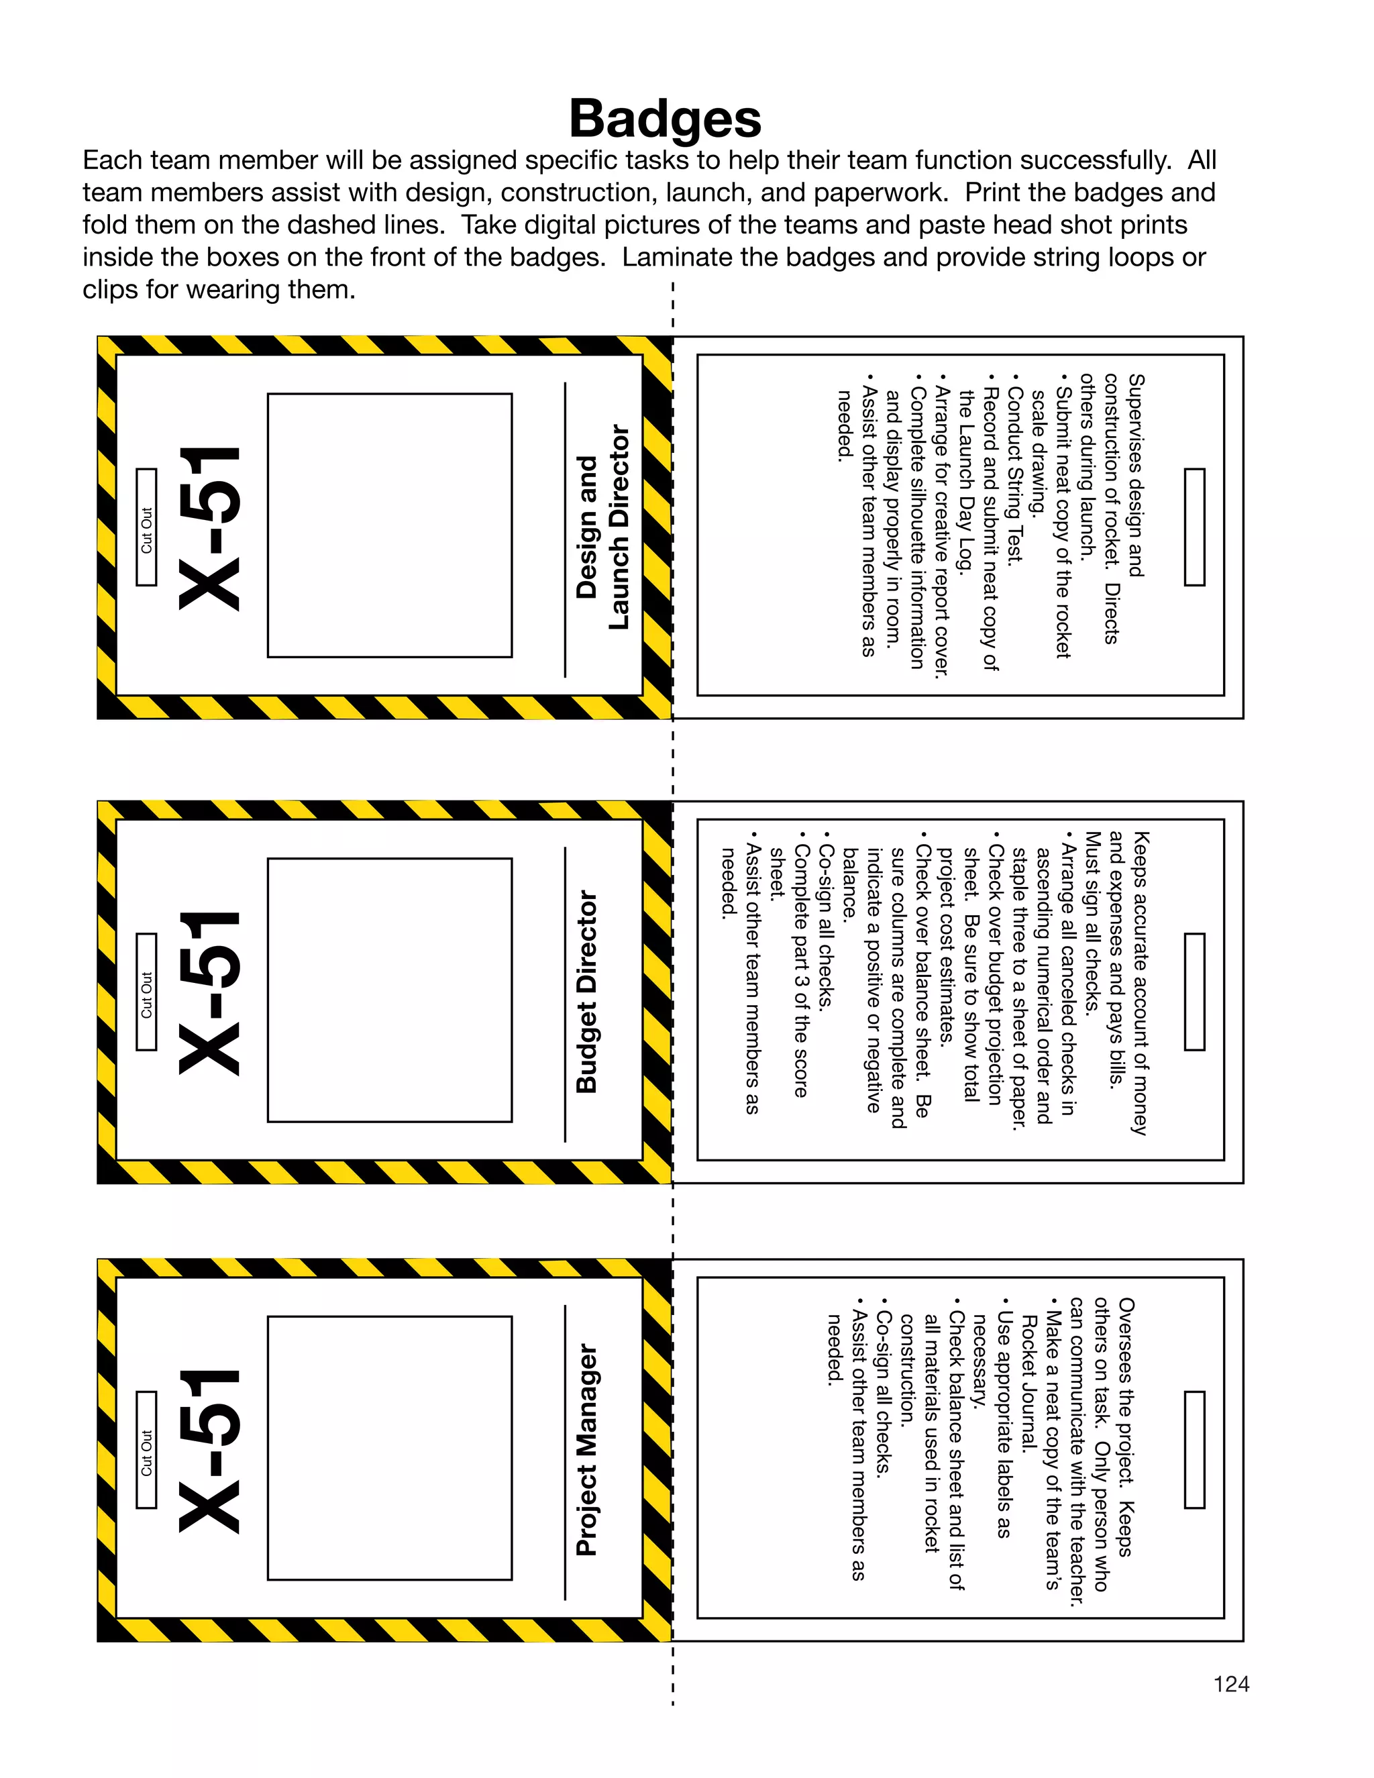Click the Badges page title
point(665,119)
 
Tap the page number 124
point(1230,1683)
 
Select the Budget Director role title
point(587,992)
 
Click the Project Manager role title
point(587,1449)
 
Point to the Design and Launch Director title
point(602,527)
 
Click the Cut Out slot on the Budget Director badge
point(146,992)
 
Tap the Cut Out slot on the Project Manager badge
point(146,1450)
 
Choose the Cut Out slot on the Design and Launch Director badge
point(146,527)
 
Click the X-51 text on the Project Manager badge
point(210,1450)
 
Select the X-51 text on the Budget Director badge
point(210,992)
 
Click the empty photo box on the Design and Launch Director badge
point(390,525)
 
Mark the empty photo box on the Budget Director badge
point(390,990)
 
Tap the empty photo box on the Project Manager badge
point(390,1449)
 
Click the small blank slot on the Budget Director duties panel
point(1194,992)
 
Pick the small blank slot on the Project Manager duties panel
point(1194,1450)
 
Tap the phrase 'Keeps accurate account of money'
point(1142,983)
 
